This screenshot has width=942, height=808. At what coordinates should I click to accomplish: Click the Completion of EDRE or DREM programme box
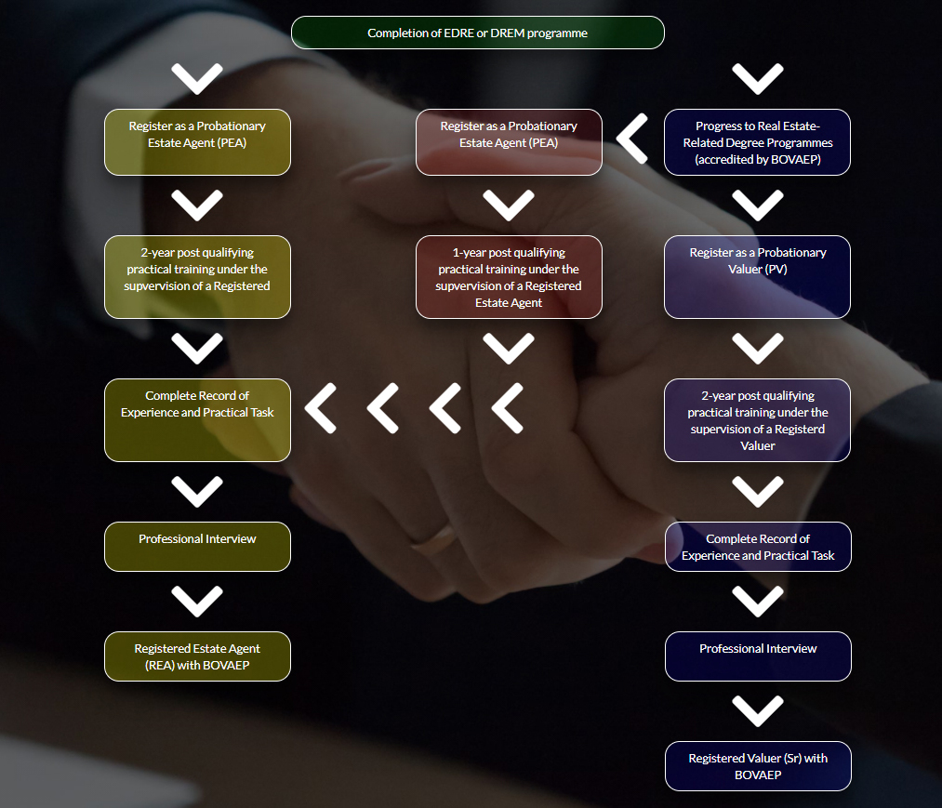point(478,33)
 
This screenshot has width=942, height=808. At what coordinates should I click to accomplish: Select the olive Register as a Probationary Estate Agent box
point(197,142)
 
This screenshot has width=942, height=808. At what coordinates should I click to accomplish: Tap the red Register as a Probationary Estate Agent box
point(509,142)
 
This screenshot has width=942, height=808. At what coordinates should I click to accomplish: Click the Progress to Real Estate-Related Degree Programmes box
point(757,142)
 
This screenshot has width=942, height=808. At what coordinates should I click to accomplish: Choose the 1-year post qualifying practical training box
point(509,277)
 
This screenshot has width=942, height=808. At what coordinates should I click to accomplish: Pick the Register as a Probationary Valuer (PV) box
point(757,277)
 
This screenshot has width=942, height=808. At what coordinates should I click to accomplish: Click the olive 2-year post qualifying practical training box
point(197,277)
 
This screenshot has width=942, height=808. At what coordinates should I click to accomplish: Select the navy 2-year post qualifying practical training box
point(757,420)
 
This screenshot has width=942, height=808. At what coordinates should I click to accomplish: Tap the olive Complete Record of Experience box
point(197,420)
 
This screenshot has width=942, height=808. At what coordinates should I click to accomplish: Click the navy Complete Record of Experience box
point(758,547)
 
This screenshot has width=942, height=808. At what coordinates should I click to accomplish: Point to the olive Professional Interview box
point(197,547)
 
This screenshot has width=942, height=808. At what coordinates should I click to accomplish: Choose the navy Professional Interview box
point(758,656)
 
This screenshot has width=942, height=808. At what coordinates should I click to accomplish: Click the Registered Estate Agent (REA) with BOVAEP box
point(197,656)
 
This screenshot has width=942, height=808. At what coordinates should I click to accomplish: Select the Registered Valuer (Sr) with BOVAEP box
point(758,766)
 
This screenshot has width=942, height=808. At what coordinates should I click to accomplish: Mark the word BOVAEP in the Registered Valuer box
point(758,775)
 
